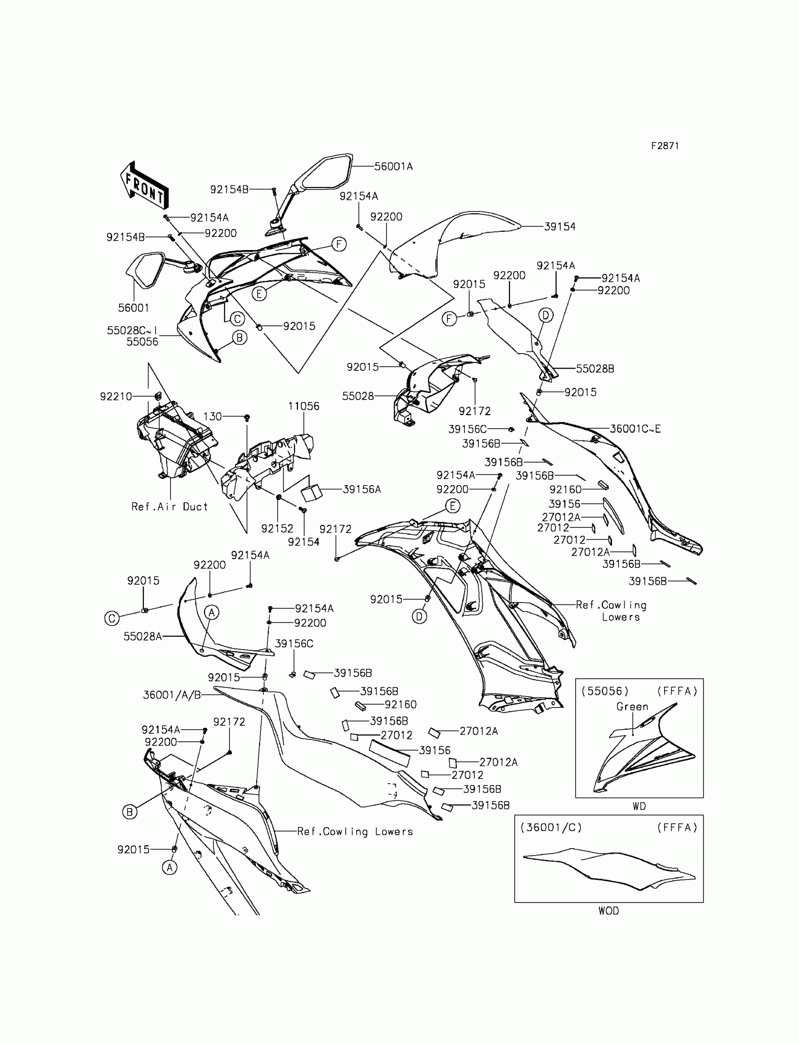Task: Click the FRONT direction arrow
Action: [x=144, y=186]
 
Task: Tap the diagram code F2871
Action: [x=665, y=146]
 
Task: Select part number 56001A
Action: [x=393, y=166]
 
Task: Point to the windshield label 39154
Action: [x=560, y=227]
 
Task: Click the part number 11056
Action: [x=304, y=406]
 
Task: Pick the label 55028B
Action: [x=595, y=369]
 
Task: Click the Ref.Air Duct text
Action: [x=170, y=507]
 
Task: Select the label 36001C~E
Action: [x=635, y=429]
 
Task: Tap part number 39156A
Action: [x=362, y=489]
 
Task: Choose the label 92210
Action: [x=116, y=396]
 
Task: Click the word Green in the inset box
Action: [x=632, y=707]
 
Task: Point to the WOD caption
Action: [x=608, y=911]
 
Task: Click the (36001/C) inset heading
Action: [x=551, y=828]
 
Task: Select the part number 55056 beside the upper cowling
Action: [x=142, y=341]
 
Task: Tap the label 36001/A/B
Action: [x=172, y=695]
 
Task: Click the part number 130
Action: [x=212, y=416]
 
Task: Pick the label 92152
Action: [x=277, y=528]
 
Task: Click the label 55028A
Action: [x=143, y=636]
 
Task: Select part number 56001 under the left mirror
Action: [x=133, y=308]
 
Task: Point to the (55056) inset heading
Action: [x=605, y=691]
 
